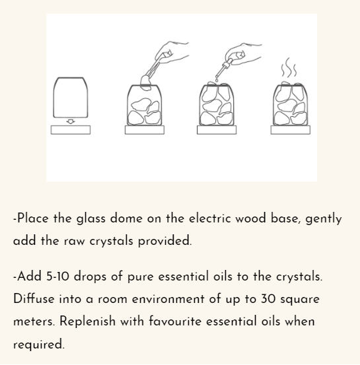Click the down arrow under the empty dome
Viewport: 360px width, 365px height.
click(71, 121)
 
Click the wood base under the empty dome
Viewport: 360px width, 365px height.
click(71, 129)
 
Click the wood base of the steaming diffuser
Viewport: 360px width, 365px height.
click(290, 129)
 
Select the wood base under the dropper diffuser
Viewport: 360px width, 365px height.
click(217, 129)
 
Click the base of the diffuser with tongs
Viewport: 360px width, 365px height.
click(144, 129)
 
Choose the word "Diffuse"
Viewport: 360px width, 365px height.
click(34, 299)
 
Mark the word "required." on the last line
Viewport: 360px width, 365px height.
click(39, 344)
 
